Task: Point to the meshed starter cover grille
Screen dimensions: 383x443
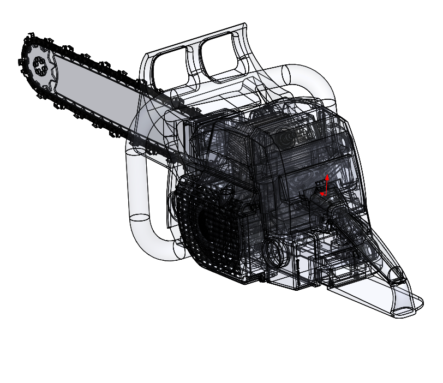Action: coord(207,229)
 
